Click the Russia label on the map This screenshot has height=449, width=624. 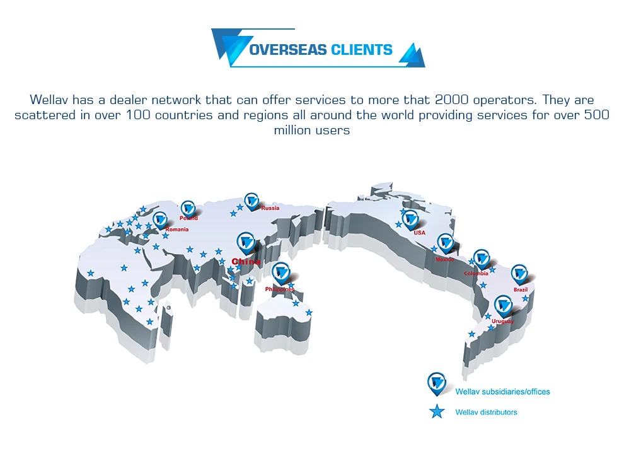270,208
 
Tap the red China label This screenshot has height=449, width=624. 246,261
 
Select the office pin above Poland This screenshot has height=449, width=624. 188,207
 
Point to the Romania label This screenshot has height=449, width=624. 176,230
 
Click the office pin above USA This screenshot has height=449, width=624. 410,219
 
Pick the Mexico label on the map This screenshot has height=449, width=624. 444,259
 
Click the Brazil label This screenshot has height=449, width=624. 521,289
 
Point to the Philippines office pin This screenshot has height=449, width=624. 280,272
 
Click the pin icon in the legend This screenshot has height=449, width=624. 436,382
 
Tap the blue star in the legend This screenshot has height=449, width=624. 436,412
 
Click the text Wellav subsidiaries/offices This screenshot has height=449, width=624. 502,392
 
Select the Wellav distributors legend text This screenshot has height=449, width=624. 486,412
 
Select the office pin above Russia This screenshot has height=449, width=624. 252,201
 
